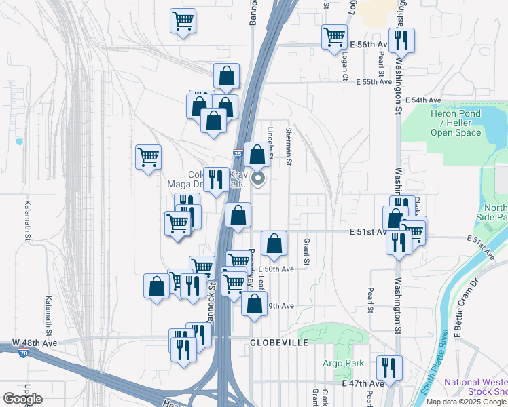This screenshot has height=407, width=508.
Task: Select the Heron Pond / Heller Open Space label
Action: click(x=456, y=122)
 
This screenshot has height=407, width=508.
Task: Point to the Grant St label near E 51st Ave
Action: click(x=307, y=251)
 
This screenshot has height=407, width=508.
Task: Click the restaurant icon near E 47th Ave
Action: click(x=389, y=368)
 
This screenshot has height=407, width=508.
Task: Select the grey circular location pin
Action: click(x=258, y=179)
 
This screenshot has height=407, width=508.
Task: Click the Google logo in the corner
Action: click(x=22, y=399)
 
